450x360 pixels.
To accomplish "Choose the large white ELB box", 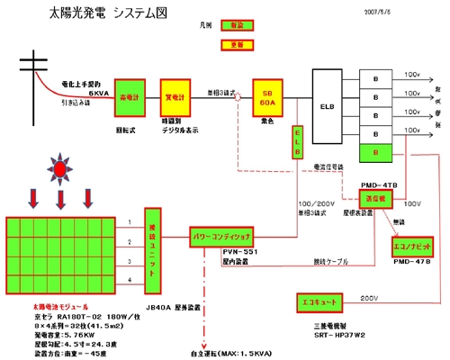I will click(328, 105).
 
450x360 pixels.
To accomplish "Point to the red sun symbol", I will click(60, 168).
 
